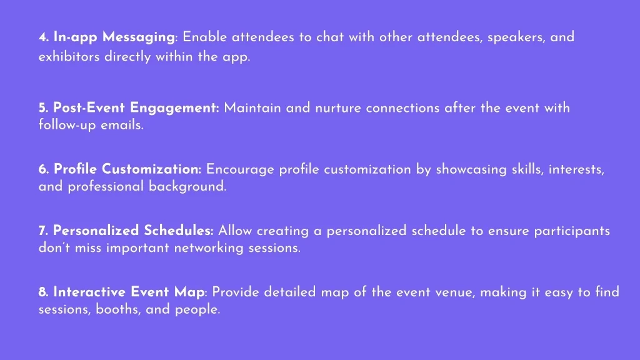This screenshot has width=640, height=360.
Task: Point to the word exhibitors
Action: tap(69, 56)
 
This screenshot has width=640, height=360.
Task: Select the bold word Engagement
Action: tap(174, 108)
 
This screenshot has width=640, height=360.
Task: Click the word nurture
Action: tap(338, 108)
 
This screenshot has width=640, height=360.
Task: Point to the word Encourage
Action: tap(240, 170)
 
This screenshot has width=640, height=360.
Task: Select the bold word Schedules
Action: tap(178, 231)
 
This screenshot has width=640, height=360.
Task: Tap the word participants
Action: tap(572, 231)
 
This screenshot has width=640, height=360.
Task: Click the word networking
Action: tap(209, 247)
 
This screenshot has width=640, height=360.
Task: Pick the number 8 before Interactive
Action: tap(43, 292)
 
